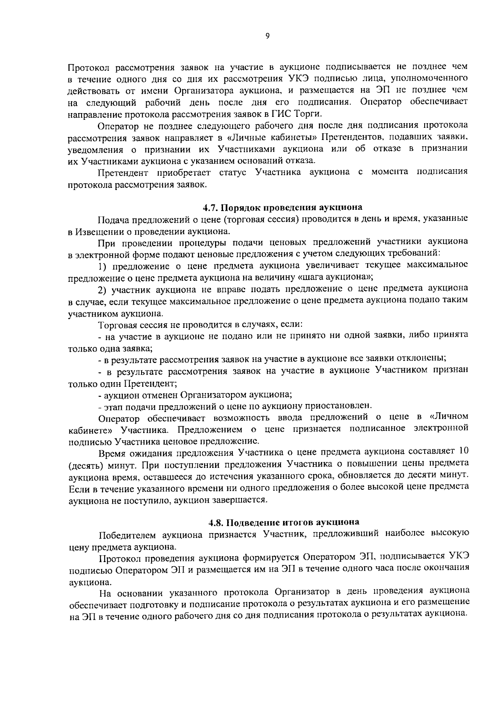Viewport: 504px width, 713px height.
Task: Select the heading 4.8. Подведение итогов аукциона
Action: click(x=284, y=522)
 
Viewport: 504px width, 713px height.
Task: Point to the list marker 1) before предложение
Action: click(x=103, y=266)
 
